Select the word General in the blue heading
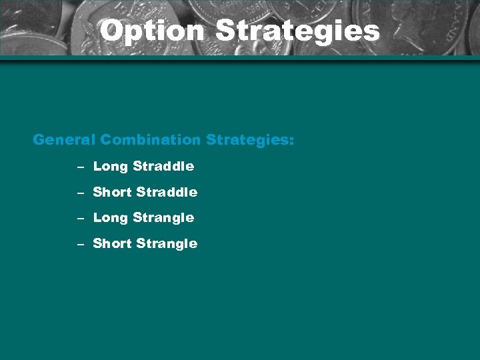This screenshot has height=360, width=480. [x=64, y=140]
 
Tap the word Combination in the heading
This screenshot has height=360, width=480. [x=151, y=140]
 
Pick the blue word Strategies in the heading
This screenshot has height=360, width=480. [x=247, y=141]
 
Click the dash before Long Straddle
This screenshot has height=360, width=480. [x=79, y=167]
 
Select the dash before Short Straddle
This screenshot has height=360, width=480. [x=79, y=193]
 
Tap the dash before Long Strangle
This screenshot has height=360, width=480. [x=79, y=218]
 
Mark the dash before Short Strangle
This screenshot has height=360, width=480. [x=79, y=244]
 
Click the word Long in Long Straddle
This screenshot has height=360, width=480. [x=110, y=167]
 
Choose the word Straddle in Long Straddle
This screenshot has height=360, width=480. [x=163, y=166]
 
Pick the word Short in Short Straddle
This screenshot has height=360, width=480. [x=112, y=192]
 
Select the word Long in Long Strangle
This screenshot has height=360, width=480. [x=110, y=218]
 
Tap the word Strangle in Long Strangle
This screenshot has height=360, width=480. [x=163, y=218]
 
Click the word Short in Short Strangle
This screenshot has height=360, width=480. [x=112, y=243]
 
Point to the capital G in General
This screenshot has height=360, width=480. [x=39, y=140]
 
